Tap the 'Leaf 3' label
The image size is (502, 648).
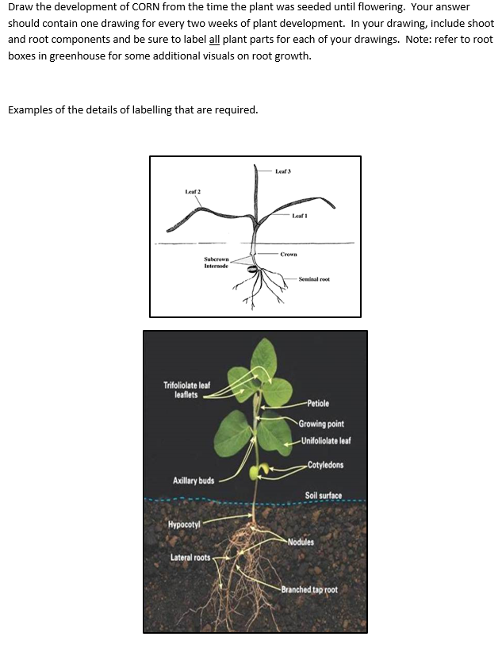tap(284, 171)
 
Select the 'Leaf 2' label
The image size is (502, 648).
tap(193, 192)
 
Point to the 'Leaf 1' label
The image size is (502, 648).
tap(300, 216)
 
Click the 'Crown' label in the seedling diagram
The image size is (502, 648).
tap(289, 254)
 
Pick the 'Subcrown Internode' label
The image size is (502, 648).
tap(216, 263)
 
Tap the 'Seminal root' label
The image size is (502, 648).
tap(315, 279)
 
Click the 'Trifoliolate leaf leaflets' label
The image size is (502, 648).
tap(186, 389)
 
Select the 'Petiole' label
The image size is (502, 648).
tap(317, 404)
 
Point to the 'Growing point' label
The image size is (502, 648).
tap(321, 424)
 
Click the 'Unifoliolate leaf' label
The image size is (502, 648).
tap(326, 440)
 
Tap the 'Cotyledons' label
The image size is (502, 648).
tap(326, 465)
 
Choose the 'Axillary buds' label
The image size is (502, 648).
tap(194, 481)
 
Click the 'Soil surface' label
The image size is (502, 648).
tap(324, 496)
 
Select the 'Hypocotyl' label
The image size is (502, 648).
tap(184, 524)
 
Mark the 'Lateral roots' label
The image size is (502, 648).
tap(190, 558)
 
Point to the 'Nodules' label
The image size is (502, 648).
tap(301, 543)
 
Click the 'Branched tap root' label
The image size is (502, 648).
tap(309, 589)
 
